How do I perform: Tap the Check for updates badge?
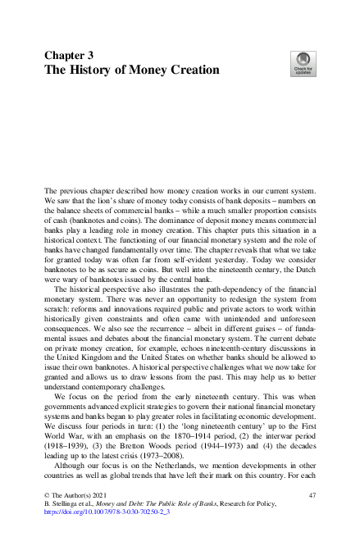(x=302, y=62)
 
